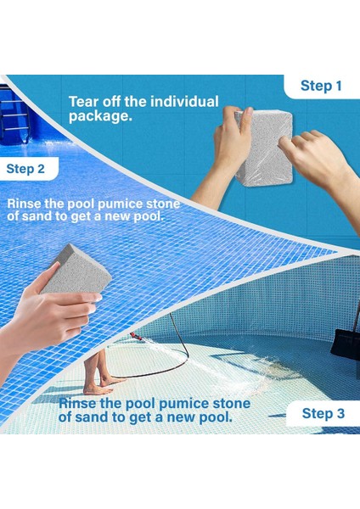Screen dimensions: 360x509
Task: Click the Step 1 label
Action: pyautogui.click(x=321, y=86)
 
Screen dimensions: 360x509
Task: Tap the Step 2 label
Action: pyautogui.click(x=25, y=169)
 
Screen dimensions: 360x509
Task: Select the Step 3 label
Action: pyautogui.click(x=323, y=414)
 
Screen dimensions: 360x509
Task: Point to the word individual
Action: pyautogui.click(x=184, y=102)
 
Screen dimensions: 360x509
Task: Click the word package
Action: pyautogui.click(x=100, y=116)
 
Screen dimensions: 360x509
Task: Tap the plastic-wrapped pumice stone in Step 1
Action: pyautogui.click(x=264, y=148)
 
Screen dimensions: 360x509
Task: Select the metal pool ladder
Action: pyautogui.click(x=14, y=115)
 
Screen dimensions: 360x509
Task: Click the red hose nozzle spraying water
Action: pyautogui.click(x=136, y=336)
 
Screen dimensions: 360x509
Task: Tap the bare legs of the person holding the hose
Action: pyautogui.click(x=97, y=371)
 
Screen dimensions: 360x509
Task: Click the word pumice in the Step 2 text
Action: pyautogui.click(x=119, y=204)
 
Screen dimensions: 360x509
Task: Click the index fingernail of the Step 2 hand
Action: pyautogui.click(x=97, y=298)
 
